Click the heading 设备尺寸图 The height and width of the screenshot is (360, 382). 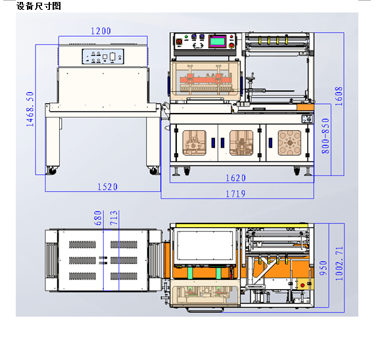[39, 6]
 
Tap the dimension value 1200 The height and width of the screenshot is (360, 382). [101, 31]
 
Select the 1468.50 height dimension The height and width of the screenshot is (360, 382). [30, 109]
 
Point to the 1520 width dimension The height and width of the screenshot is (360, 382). [107, 187]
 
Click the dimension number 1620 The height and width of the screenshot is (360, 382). [235, 178]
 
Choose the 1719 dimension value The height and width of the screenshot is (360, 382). [235, 194]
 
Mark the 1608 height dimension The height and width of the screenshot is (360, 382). [339, 96]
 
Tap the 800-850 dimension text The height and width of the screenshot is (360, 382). [325, 136]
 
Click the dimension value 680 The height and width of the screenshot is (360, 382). [97, 218]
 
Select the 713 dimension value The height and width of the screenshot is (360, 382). [114, 218]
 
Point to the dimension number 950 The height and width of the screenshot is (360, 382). [323, 268]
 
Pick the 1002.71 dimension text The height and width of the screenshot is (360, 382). [339, 263]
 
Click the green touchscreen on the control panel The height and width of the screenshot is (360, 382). [218, 41]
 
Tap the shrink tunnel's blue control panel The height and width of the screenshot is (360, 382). [103, 56]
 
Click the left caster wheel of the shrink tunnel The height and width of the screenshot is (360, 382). [52, 171]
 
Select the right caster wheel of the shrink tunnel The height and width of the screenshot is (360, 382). [154, 171]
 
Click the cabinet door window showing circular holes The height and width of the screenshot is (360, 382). [289, 143]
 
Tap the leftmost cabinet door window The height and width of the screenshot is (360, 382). [195, 143]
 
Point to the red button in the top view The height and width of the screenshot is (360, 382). [302, 285]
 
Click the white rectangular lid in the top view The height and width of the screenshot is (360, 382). [205, 246]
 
